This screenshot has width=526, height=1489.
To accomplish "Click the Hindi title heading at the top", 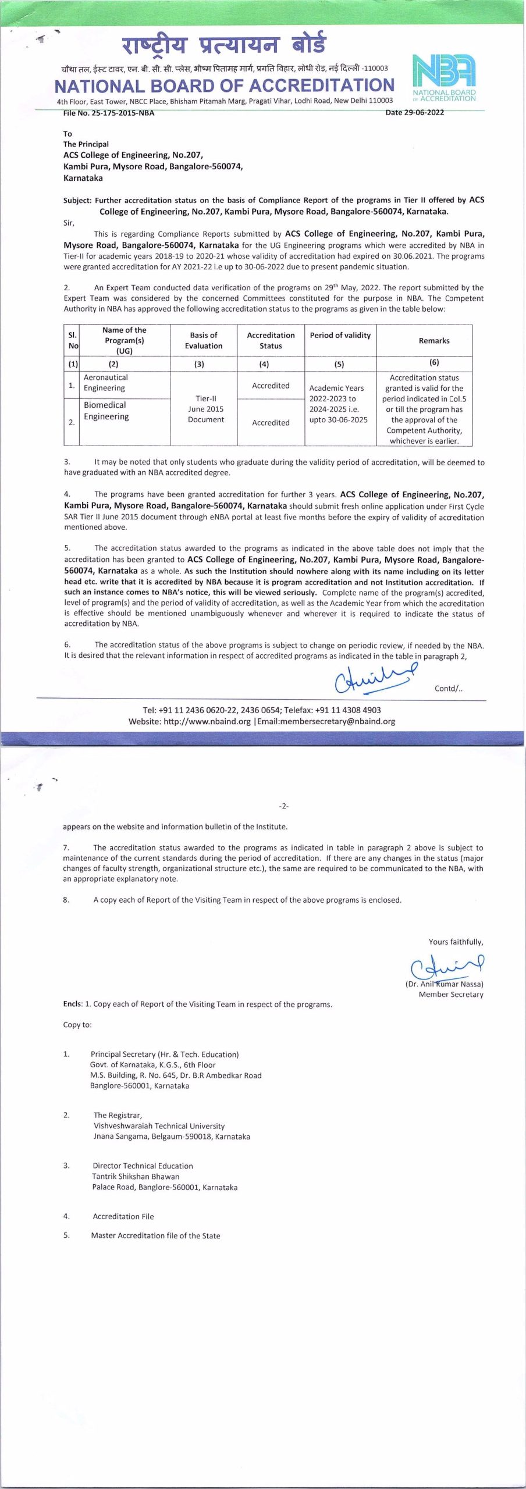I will pyautogui.click(x=223, y=45).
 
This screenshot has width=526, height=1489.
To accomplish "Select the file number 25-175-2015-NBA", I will pyautogui.click(x=123, y=113).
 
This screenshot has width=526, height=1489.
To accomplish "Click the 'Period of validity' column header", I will pyautogui.click(x=340, y=336).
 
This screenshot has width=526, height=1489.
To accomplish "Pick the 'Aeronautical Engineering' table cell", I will pyautogui.click(x=106, y=383).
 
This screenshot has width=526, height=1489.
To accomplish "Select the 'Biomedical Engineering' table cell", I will pyautogui.click(x=106, y=411).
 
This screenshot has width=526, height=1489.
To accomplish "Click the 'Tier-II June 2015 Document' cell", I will pyautogui.click(x=205, y=409).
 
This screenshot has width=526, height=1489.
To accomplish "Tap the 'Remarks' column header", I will pyautogui.click(x=433, y=341).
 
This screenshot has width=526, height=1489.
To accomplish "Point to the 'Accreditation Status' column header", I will pyautogui.click(x=271, y=340).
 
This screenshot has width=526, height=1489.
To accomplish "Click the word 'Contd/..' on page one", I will pyautogui.click(x=448, y=689).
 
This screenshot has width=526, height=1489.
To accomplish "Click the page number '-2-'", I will pyautogui.click(x=284, y=806).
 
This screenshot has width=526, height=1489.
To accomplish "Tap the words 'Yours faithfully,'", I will pyautogui.click(x=456, y=942).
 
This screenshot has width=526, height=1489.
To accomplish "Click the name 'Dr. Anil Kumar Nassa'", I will pyautogui.click(x=445, y=984).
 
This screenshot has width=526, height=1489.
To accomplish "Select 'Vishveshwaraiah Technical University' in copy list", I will pyautogui.click(x=159, y=1125).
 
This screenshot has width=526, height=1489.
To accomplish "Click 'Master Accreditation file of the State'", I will pyautogui.click(x=155, y=1235).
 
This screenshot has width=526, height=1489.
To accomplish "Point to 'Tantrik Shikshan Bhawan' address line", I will pyautogui.click(x=135, y=1176).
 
